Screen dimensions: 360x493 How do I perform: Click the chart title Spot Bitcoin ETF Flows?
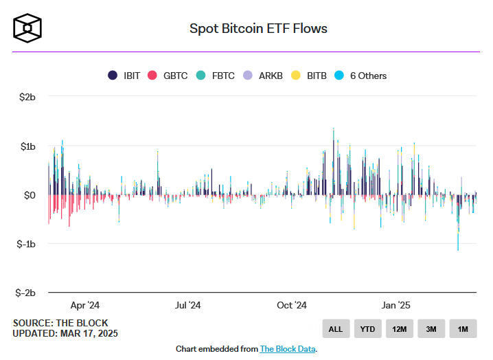point(258,29)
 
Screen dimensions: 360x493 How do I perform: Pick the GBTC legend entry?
point(168,76)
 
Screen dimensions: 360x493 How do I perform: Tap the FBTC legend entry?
point(216,76)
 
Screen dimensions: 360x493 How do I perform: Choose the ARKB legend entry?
point(264,76)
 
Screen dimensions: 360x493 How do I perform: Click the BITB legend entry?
point(310,76)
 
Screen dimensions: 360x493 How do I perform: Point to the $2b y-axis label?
point(26,98)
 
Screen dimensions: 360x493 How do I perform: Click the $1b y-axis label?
point(26,146)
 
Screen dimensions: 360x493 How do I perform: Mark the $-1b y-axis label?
point(25,244)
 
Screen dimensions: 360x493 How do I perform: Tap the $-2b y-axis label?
point(25,293)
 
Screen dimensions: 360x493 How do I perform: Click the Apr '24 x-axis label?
point(85,305)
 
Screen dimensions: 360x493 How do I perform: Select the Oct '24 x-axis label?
point(291,305)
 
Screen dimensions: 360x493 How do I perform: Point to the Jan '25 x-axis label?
point(395,305)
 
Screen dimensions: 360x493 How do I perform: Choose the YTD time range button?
point(367,329)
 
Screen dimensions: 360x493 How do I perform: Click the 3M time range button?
point(431,329)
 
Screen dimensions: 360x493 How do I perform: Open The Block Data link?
point(287,349)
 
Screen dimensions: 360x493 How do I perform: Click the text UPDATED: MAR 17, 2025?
point(65,334)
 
